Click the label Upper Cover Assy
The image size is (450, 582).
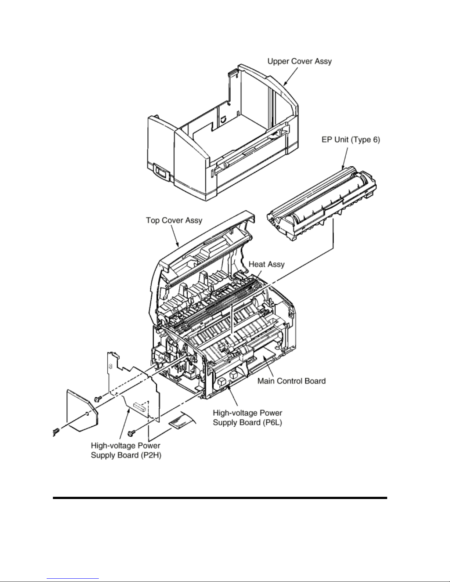click(x=299, y=61)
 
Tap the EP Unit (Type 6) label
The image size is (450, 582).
click(x=350, y=140)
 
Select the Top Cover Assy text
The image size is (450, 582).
click(x=174, y=220)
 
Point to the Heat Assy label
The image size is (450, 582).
click(x=267, y=264)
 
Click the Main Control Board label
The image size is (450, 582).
click(x=291, y=381)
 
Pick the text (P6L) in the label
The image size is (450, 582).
click(x=272, y=422)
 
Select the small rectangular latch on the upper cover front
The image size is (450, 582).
click(x=161, y=172)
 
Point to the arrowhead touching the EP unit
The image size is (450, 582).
click(x=343, y=166)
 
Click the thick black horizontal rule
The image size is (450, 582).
click(x=220, y=498)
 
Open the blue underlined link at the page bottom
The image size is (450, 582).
click(x=73, y=579)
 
